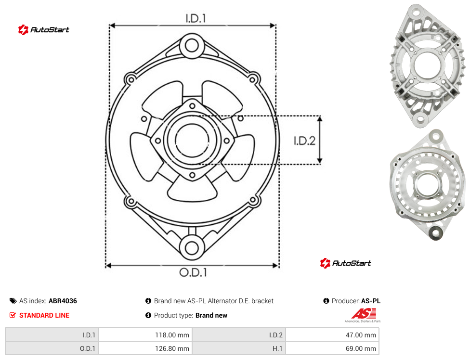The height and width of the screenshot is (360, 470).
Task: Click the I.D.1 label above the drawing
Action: (196, 19)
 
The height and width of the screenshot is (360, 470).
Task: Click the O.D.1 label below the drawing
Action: (193, 272)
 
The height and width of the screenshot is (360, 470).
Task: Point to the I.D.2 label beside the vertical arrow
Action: (304, 141)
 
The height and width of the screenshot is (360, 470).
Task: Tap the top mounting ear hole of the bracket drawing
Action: (192, 46)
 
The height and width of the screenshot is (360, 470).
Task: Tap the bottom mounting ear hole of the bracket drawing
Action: (192, 248)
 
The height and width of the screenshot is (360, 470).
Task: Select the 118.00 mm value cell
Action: (145, 335)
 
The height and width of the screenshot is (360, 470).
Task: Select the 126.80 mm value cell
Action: (145, 348)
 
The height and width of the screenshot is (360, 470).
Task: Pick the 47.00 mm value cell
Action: (332, 335)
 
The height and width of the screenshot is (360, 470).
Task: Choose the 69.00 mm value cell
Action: (332, 348)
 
